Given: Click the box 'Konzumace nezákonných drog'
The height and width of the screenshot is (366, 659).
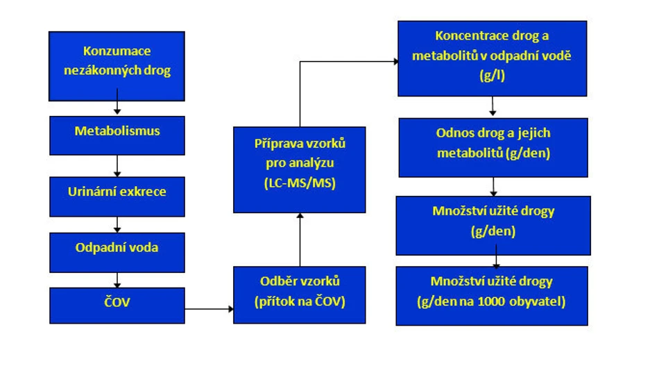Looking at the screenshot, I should click(x=117, y=66).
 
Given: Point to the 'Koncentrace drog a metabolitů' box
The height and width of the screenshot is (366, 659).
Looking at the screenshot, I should click(x=491, y=58).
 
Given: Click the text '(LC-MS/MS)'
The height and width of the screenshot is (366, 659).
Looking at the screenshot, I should click(x=299, y=185).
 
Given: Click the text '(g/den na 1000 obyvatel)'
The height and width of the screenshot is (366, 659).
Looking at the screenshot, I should click(x=493, y=302).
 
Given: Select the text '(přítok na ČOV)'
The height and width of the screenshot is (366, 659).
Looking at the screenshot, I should click(x=299, y=303).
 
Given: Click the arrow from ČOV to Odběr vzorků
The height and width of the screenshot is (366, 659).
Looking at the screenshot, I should click(x=208, y=306).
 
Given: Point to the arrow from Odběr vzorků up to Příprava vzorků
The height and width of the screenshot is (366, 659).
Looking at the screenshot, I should click(x=300, y=240).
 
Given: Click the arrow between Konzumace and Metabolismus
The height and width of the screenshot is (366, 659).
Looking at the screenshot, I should click(x=117, y=108).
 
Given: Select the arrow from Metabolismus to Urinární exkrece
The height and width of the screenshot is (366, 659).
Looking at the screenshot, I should click(x=117, y=165).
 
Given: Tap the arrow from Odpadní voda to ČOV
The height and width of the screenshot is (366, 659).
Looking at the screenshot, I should click(x=117, y=279).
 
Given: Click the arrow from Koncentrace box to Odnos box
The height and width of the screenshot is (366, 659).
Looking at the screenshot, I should click(x=493, y=106).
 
